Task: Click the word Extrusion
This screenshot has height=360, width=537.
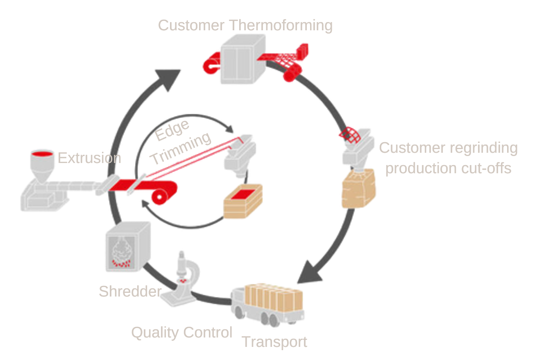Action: click(x=89, y=158)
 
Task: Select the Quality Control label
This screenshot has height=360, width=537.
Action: click(x=182, y=333)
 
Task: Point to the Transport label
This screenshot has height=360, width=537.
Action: click(x=274, y=342)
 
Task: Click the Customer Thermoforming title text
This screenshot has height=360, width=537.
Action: click(x=245, y=25)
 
